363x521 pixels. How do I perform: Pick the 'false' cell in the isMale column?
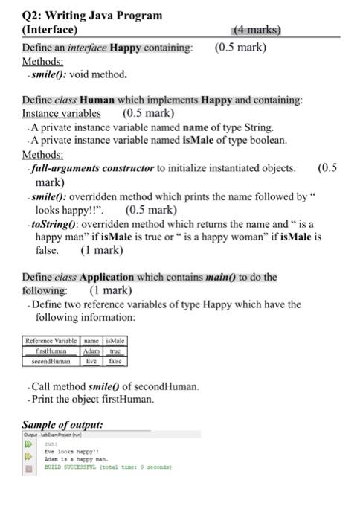pyautogui.click(x=115, y=361)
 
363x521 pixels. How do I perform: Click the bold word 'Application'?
pyautogui.click(x=107, y=277)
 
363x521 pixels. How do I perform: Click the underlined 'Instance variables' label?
pyautogui.click(x=61, y=113)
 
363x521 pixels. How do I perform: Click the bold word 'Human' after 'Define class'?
pyautogui.click(x=97, y=100)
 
